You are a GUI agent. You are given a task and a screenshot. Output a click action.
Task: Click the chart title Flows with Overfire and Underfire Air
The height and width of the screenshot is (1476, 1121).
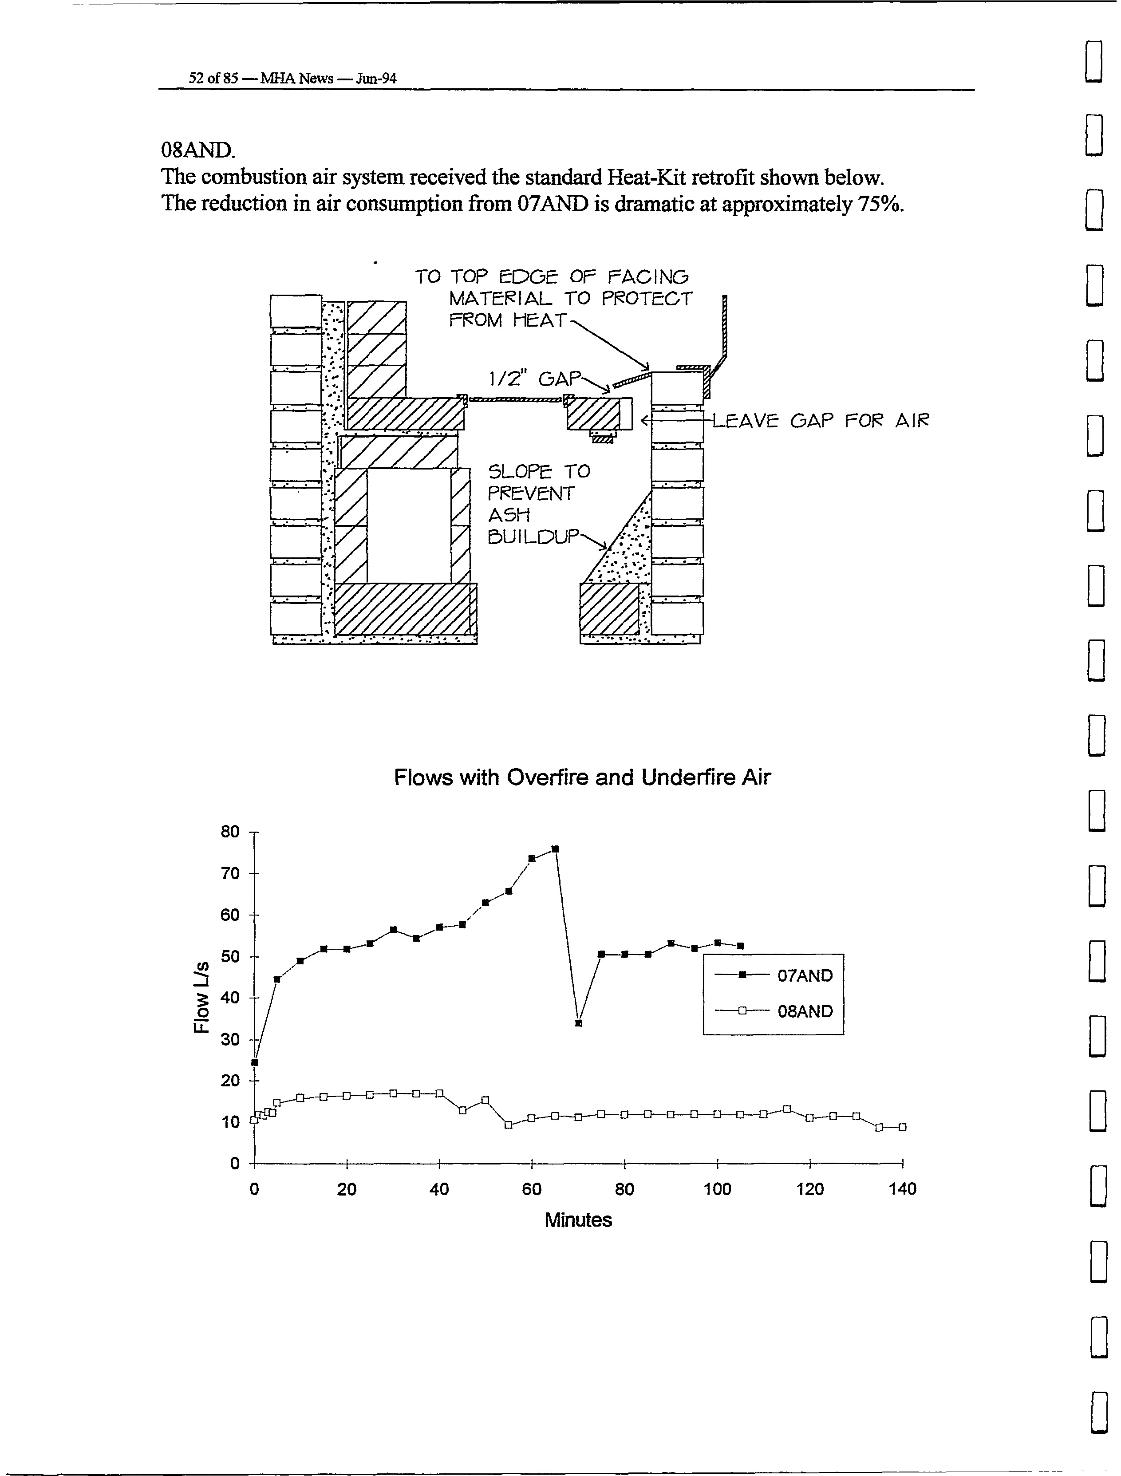(582, 777)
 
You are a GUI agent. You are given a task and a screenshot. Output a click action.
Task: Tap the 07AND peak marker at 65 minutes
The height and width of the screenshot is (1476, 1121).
(555, 849)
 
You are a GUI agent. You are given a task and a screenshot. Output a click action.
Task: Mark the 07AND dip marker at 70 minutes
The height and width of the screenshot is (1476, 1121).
(579, 1023)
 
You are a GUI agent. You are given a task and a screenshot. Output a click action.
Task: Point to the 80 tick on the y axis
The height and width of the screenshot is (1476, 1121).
(229, 832)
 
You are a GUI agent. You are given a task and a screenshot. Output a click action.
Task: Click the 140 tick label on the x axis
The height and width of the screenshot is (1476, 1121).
(902, 1188)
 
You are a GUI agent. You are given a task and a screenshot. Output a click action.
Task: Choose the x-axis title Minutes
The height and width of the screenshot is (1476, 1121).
(578, 1220)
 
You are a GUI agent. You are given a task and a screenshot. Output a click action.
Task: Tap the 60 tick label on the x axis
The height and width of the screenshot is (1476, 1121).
(532, 1188)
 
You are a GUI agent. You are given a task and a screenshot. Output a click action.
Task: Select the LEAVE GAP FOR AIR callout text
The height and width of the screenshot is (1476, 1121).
(821, 420)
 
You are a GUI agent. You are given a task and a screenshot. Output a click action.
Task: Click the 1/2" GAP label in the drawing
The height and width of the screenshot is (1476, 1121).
(534, 379)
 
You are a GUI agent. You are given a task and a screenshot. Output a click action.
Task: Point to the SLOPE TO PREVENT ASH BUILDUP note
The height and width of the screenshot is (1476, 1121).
(538, 504)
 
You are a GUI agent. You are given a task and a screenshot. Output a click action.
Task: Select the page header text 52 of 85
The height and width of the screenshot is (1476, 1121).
(213, 78)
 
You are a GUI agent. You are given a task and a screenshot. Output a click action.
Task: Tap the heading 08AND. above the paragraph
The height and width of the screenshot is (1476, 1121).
(197, 150)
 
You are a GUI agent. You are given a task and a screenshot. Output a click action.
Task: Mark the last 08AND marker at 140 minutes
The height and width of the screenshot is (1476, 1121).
(902, 1127)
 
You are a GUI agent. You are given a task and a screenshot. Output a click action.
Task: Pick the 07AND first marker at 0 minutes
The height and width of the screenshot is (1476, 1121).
(254, 1062)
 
